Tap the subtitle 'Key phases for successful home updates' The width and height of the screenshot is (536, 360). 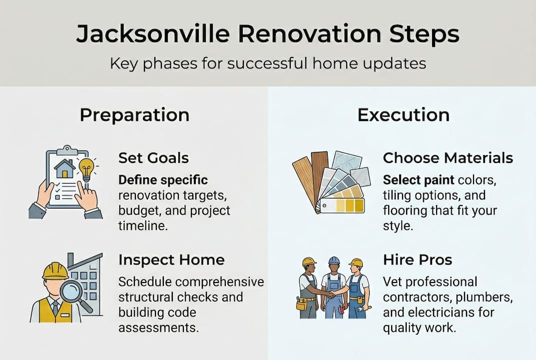coord(268,63)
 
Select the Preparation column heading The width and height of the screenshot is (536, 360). coord(134,114)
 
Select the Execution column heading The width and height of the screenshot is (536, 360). coord(403,114)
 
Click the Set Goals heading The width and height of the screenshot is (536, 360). coord(153,158)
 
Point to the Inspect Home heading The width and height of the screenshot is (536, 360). coord(171,260)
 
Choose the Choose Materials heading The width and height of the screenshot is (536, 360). coord(448,158)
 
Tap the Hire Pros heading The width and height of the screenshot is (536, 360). coord(417,260)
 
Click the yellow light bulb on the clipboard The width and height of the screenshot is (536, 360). coord(87,168)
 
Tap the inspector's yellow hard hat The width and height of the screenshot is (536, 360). coord(55,270)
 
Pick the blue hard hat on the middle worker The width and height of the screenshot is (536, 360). coord(334,260)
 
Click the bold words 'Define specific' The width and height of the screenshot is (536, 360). coord(163,179)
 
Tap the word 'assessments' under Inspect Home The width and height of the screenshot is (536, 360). coord(156,327)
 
